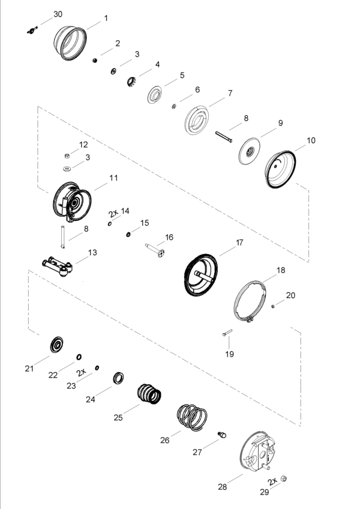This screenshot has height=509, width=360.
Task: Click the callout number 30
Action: (58, 14)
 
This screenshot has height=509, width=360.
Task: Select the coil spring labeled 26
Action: (192, 417)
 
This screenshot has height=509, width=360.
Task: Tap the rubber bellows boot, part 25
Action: (149, 394)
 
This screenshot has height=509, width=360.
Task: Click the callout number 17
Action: (239, 242)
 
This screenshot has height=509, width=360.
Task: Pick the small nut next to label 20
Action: (273, 306)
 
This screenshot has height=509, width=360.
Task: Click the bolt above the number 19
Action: (227, 333)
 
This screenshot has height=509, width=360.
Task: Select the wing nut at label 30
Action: (32, 31)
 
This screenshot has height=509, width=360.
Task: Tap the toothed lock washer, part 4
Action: (131, 82)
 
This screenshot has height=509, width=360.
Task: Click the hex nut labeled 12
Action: (67, 156)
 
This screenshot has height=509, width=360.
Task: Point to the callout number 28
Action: (223, 487)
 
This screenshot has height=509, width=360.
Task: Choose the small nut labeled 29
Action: (283, 478)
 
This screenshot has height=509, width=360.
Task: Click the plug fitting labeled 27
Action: (222, 435)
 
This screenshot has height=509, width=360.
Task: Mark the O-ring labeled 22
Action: (79, 357)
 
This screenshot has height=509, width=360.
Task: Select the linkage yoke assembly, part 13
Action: (58, 266)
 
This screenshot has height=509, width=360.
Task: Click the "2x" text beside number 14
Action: (113, 213)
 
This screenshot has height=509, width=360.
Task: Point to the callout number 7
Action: (230, 93)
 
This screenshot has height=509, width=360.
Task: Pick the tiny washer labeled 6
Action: (174, 106)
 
